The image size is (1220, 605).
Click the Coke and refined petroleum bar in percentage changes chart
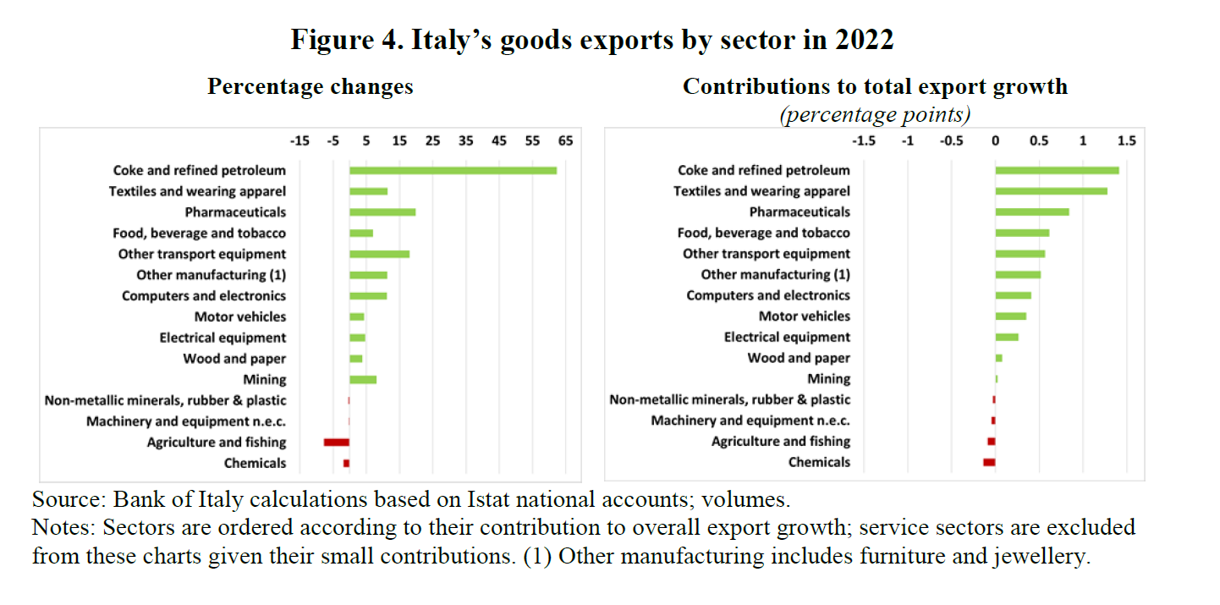453,170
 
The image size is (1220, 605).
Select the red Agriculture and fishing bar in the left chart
337,442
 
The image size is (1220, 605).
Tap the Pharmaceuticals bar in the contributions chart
1032,212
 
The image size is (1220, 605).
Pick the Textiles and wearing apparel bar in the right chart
1051,191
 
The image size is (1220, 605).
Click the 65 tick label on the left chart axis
565,141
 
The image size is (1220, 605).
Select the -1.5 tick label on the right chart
864,141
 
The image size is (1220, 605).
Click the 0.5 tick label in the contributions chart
1039,141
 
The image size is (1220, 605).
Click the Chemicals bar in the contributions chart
989,462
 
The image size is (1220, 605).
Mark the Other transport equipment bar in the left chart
380,254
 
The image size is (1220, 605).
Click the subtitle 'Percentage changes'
310,87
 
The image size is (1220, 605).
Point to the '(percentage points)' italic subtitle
875,114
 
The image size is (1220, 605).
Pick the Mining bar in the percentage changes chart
363,379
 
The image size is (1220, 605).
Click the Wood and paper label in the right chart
799,358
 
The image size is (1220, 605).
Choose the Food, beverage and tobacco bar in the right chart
1022,233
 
